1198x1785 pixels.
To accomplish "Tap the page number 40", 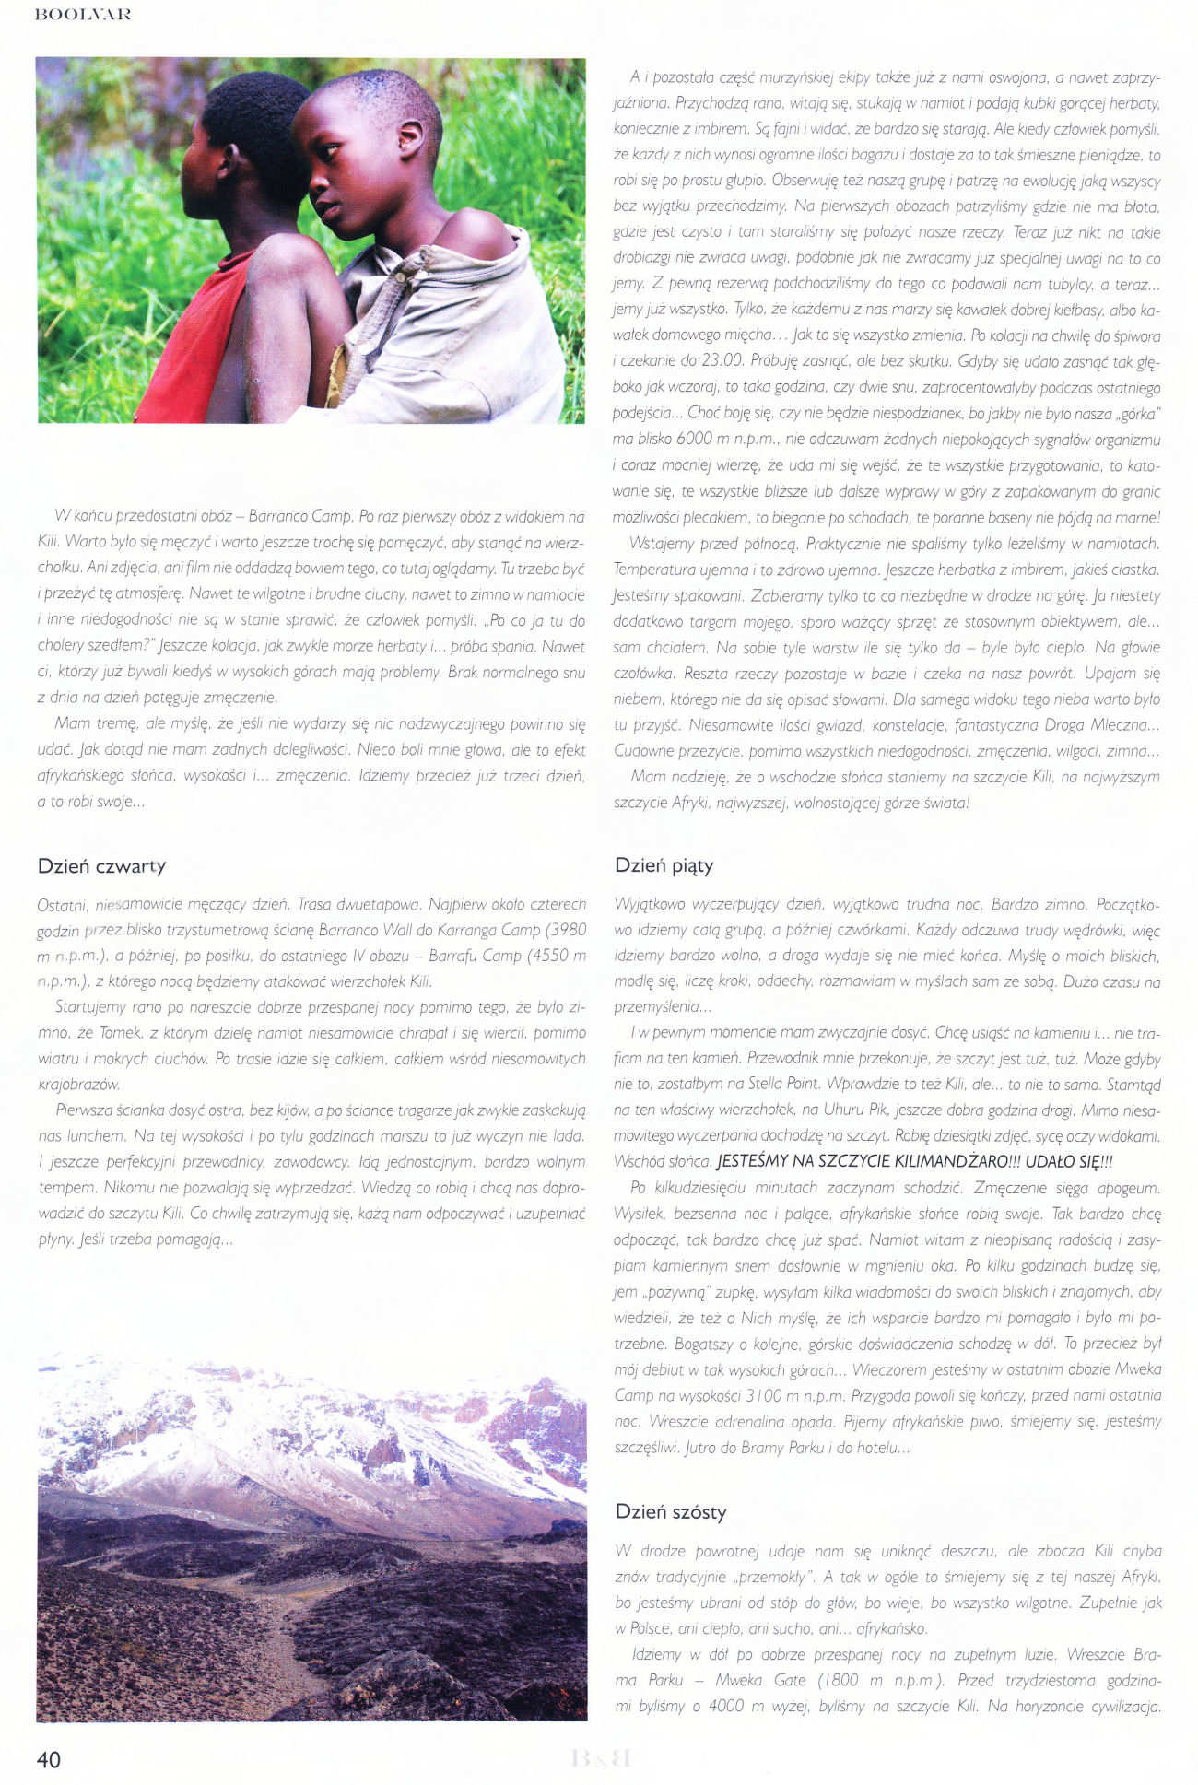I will click(49, 1759).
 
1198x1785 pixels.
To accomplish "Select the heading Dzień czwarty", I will click(101, 865).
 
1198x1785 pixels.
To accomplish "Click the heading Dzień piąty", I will click(664, 865).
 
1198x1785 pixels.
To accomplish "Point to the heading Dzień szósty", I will click(671, 1511).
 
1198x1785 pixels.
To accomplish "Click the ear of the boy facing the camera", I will click(407, 137).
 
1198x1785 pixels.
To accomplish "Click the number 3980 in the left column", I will click(564, 929).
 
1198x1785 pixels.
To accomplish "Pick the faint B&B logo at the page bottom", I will click(601, 1758).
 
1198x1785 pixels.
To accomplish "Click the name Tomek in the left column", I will click(120, 1033).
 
